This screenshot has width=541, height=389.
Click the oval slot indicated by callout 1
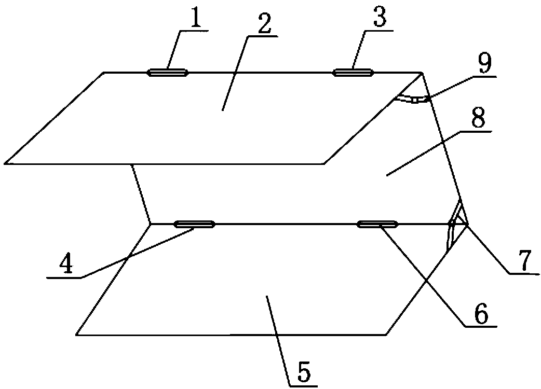(x=168, y=73)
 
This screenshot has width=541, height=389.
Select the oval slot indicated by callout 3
(x=353, y=73)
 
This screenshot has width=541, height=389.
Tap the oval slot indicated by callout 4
(x=195, y=224)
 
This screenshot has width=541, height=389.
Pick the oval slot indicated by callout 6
(x=378, y=224)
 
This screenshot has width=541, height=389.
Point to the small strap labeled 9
(x=413, y=99)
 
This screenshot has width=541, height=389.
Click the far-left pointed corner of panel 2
(x=5, y=163)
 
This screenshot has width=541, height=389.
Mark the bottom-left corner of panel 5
(x=77, y=335)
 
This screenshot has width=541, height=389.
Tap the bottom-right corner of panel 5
(x=386, y=335)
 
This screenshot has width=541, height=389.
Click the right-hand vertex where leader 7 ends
(x=467, y=224)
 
